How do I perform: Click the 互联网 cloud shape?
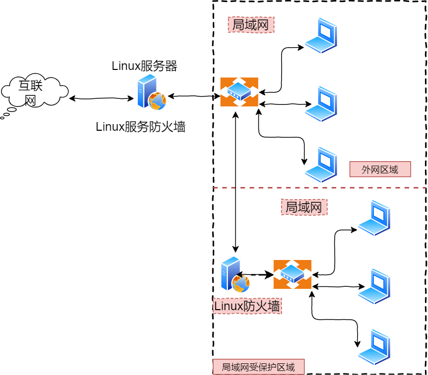(x=34, y=91)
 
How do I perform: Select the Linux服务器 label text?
(x=144, y=66)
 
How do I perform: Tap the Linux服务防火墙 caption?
(x=141, y=127)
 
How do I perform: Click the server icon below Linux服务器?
(x=152, y=92)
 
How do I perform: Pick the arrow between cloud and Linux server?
(x=101, y=98)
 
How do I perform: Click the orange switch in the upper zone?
(x=239, y=92)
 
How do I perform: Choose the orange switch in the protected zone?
(x=292, y=274)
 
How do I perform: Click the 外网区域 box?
(x=380, y=169)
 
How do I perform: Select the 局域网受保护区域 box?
(x=258, y=367)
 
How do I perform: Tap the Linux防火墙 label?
(x=247, y=306)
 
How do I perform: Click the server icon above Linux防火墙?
(x=235, y=274)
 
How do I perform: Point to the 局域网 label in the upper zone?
(x=251, y=25)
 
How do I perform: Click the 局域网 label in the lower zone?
(x=304, y=207)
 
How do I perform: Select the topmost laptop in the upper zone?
(x=321, y=35)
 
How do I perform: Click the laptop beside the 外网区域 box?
(x=321, y=165)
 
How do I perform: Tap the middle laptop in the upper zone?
(x=321, y=104)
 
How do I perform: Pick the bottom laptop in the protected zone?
(x=374, y=347)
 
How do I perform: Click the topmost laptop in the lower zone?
(x=374, y=218)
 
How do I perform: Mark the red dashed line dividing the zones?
(x=320, y=188)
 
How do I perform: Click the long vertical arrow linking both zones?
(x=236, y=182)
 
